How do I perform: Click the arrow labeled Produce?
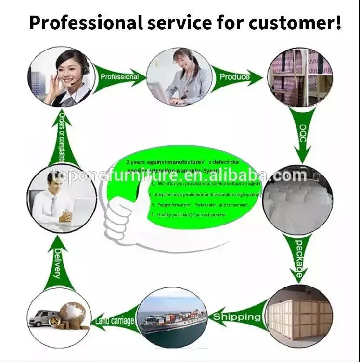coord(236,77)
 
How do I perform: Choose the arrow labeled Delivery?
coord(58,264)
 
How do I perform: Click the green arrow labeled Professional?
coord(120,77)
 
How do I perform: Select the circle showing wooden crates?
coord(299,317)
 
